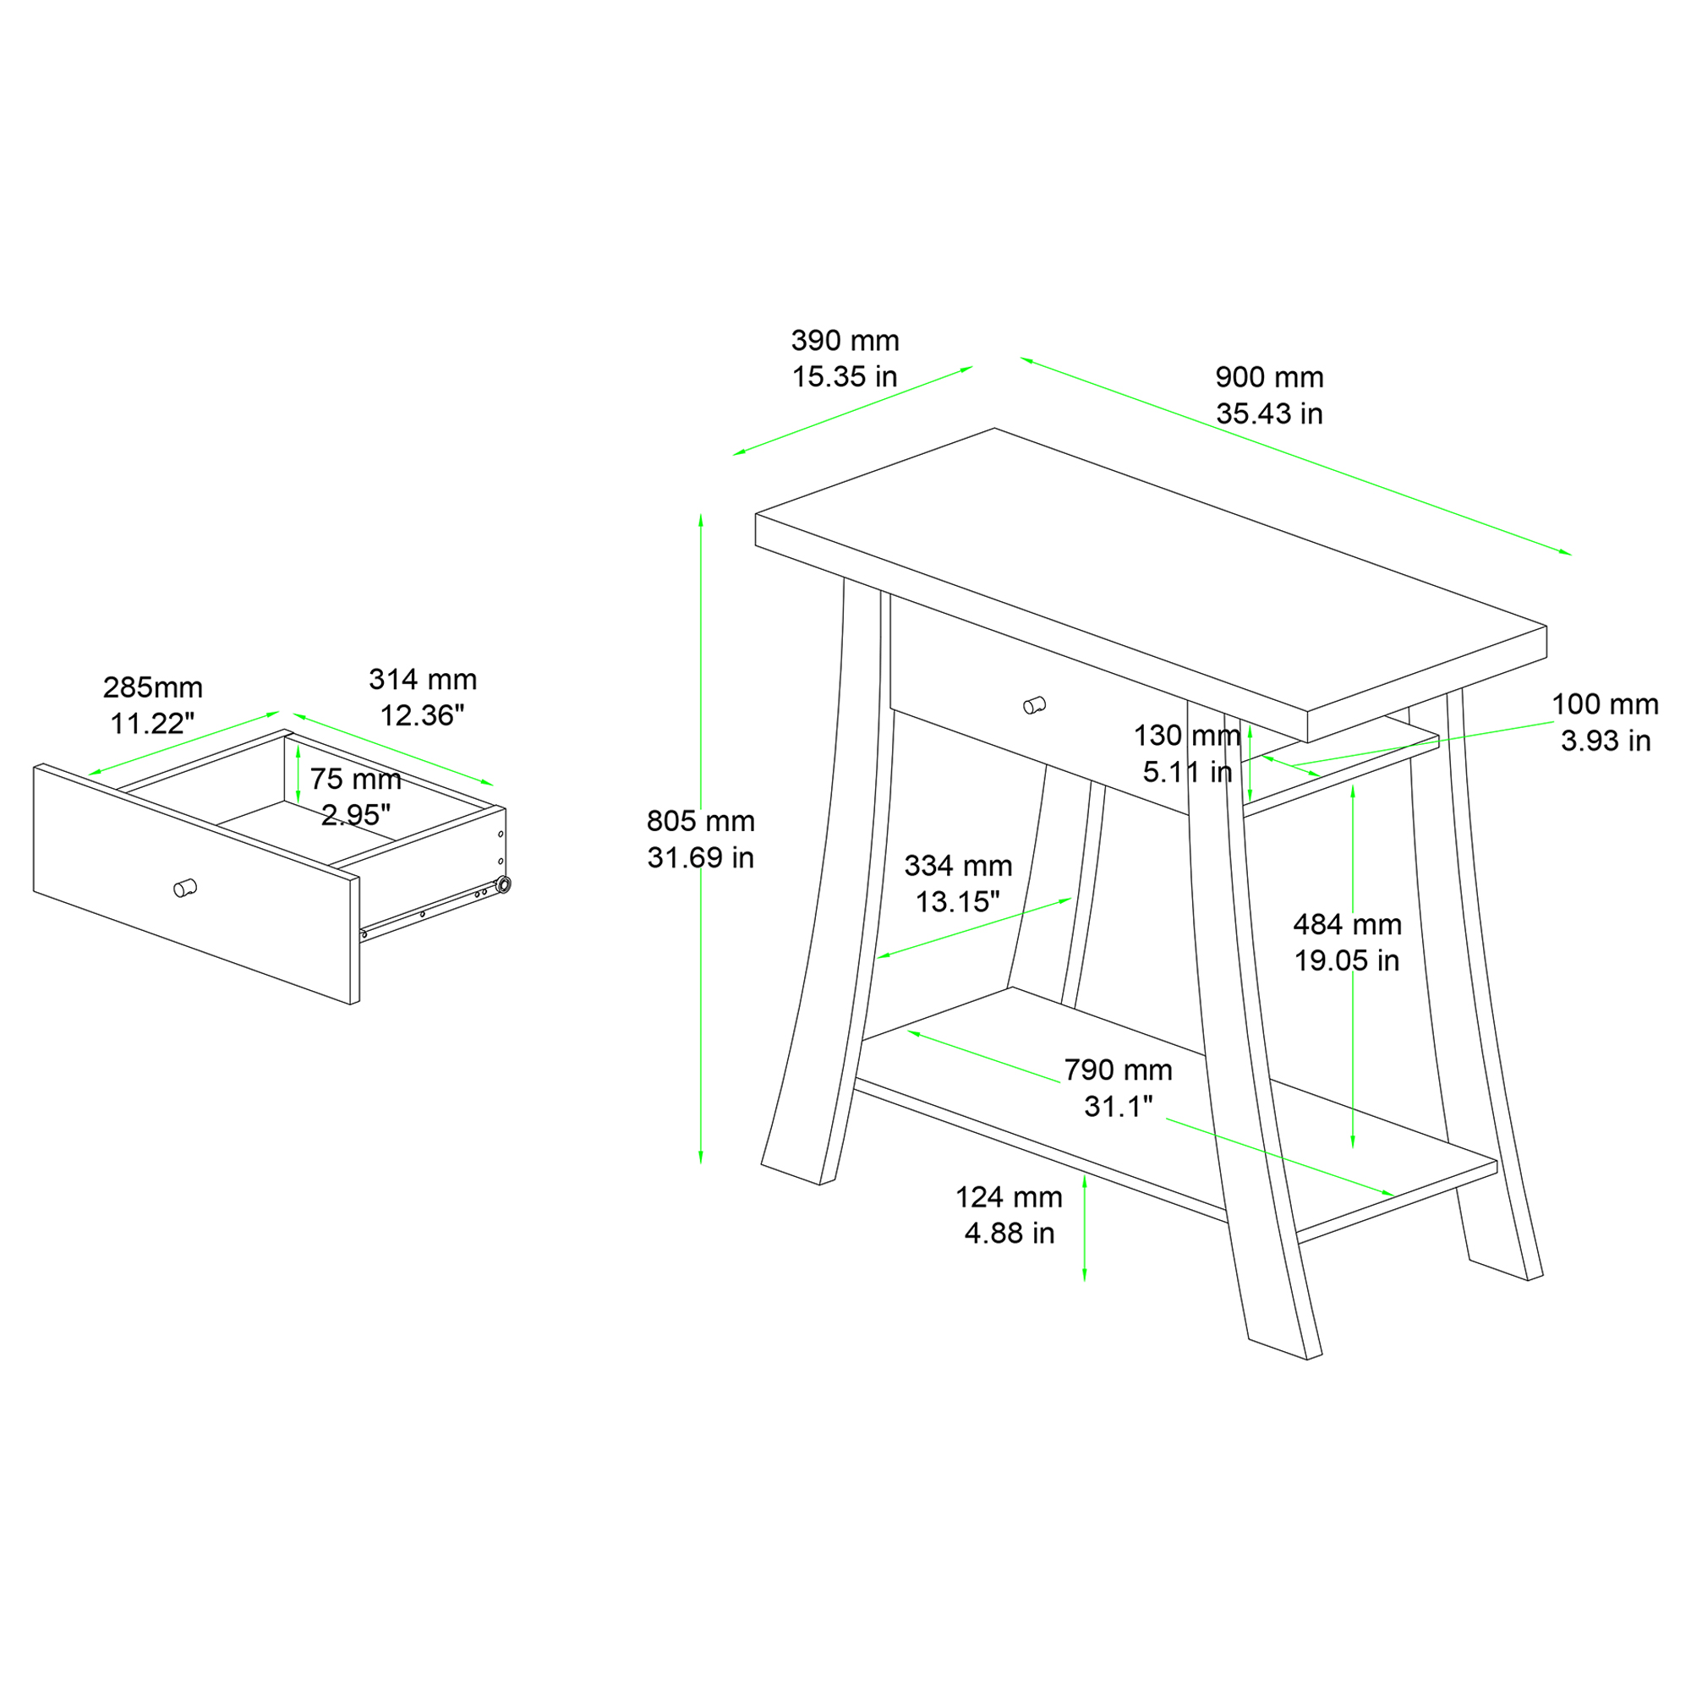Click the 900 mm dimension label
[x=1269, y=377]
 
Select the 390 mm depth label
[x=845, y=341]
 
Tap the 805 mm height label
[x=700, y=821]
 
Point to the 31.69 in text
[x=700, y=857]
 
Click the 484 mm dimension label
[x=1347, y=924]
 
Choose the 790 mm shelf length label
[x=1118, y=1070]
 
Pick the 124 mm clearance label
[x=1009, y=1196]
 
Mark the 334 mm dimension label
[x=958, y=866]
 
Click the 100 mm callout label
[x=1606, y=703]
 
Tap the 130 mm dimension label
[x=1187, y=736]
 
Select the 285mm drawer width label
[x=152, y=687]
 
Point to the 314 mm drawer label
[x=423, y=679]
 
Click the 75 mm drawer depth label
[x=355, y=779]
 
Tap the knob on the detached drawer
[x=184, y=888]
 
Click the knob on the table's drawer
[x=1034, y=704]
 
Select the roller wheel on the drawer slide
[x=502, y=885]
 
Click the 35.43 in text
[x=1269, y=414]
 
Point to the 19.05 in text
[x=1347, y=961]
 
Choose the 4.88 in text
[x=1010, y=1234]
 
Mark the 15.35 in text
[x=845, y=377]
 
